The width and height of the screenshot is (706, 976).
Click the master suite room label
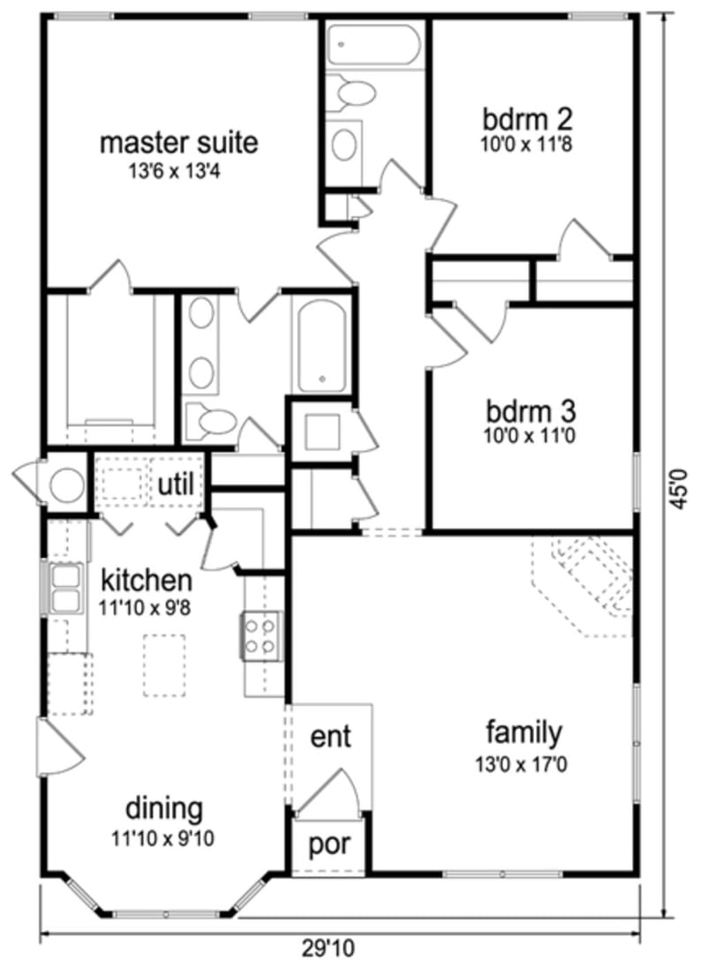(178, 142)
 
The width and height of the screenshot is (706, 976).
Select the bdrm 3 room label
(531, 411)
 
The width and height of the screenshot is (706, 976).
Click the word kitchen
(146, 581)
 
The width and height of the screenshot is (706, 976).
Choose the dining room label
(164, 807)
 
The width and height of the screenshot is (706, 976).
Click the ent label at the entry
(330, 735)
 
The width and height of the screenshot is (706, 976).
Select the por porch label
(330, 845)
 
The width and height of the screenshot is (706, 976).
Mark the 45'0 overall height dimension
(678, 486)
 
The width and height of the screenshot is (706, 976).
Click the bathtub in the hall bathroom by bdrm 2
(374, 44)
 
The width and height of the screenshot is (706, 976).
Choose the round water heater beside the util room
(67, 484)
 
